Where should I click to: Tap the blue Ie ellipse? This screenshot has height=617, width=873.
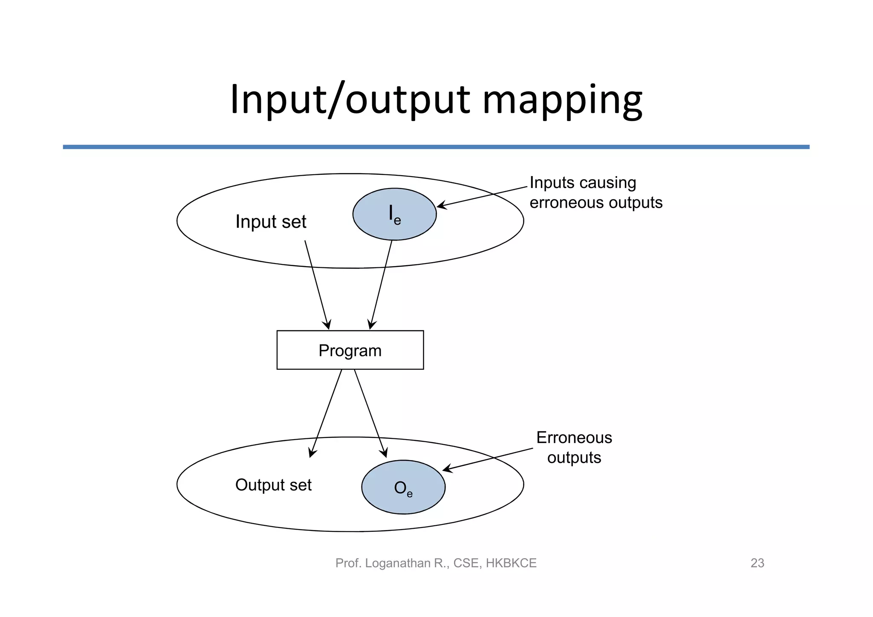click(394, 214)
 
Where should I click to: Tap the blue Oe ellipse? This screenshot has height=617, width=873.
click(403, 487)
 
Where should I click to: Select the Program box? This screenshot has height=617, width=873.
click(350, 350)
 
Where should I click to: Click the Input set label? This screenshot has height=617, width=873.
click(271, 222)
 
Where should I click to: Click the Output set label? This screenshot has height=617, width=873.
click(273, 485)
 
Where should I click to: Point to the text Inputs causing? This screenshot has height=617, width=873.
click(583, 183)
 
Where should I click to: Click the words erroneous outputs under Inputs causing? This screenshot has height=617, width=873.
click(596, 203)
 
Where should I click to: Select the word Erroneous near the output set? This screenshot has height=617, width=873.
click(574, 438)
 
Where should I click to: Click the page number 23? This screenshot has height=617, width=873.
click(757, 563)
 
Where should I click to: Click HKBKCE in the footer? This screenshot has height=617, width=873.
click(511, 563)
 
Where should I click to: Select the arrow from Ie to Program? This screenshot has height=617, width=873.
click(381, 284)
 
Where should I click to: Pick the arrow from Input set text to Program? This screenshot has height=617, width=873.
click(317, 284)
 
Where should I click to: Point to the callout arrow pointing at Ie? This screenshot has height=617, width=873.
click(482, 197)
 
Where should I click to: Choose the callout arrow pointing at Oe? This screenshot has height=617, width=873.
click(488, 459)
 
